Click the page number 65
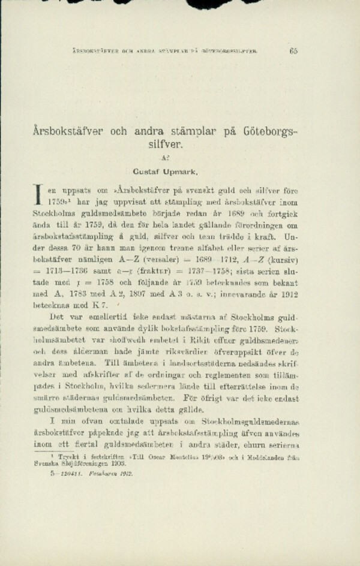pyautogui.click(x=293, y=51)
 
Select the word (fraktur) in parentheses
pyautogui.click(x=147, y=271)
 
